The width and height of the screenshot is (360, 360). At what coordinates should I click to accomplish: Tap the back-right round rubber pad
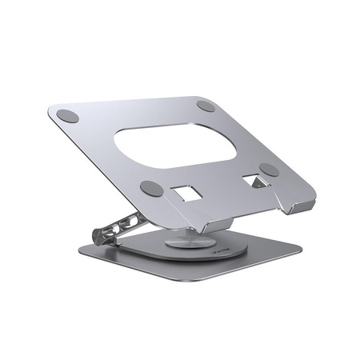(x=206, y=106)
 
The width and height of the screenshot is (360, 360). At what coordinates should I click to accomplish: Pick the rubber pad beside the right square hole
(x=270, y=170)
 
